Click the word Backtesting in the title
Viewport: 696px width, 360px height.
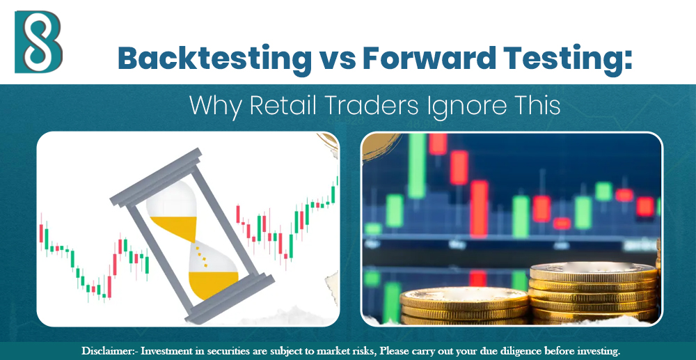215,58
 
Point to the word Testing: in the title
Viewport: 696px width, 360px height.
570,58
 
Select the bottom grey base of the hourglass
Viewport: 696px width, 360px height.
226,300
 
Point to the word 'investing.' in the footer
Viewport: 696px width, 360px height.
595,350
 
